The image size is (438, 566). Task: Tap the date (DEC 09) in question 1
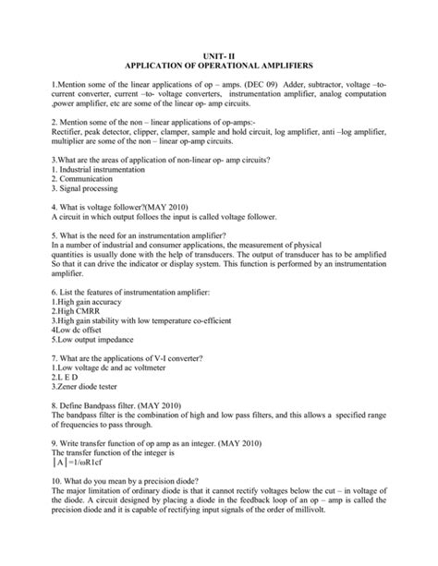click(x=275, y=86)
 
